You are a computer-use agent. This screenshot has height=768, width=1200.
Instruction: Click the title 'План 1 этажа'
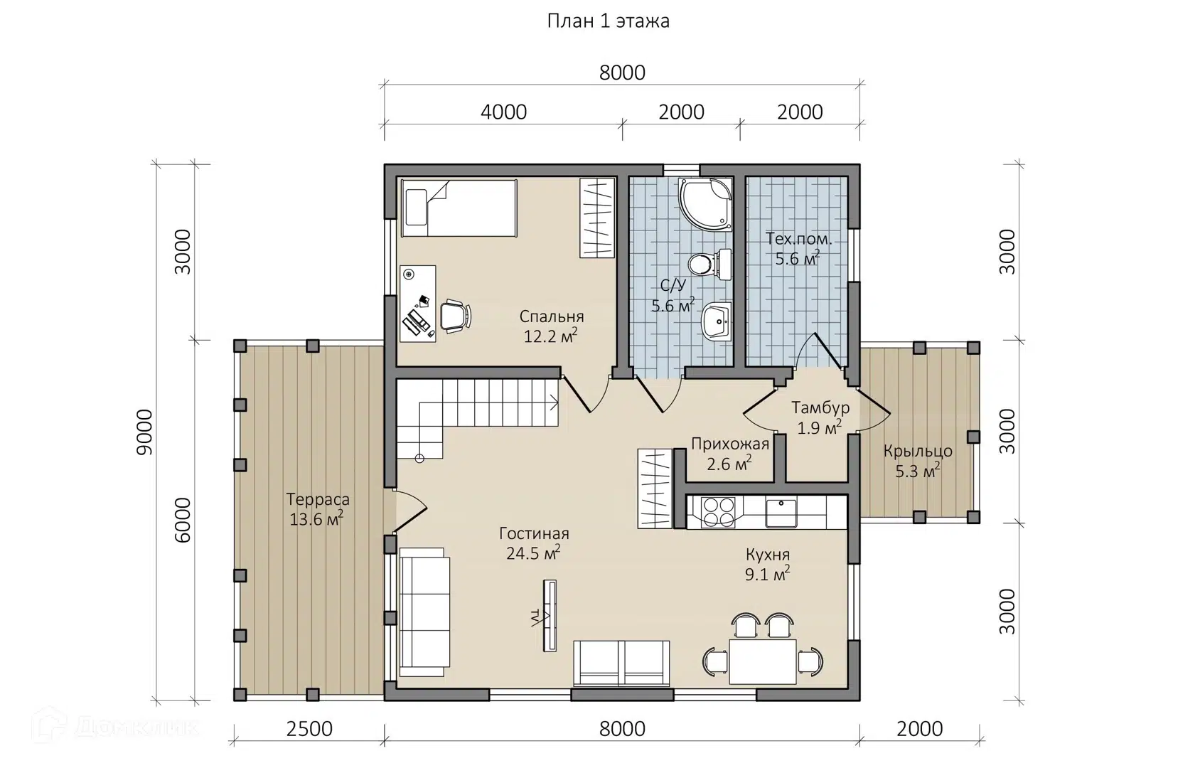coord(608,21)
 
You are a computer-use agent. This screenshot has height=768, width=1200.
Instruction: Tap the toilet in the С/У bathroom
coord(709,265)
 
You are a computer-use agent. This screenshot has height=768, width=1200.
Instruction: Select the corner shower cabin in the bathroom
coord(705,205)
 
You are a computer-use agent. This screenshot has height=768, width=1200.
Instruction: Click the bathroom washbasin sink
coord(716,321)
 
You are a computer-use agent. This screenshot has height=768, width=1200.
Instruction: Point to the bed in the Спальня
coord(459,208)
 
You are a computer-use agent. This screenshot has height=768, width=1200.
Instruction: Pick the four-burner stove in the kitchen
coord(719,513)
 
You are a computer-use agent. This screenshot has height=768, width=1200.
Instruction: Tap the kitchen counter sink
coord(781,513)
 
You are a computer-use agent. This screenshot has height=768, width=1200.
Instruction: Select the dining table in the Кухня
coord(762,661)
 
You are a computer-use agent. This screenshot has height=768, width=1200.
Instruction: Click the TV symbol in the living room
coord(549,616)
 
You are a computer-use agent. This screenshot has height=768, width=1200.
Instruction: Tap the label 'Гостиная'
coord(534,534)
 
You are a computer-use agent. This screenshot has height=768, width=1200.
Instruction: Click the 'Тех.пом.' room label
coord(799,239)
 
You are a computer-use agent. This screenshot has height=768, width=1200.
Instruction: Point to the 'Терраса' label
coord(318,499)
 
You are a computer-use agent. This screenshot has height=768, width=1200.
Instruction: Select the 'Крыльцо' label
coord(918,452)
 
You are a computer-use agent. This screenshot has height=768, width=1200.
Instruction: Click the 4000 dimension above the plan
coord(503,112)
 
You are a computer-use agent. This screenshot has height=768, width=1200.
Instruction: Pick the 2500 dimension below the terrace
coord(309,729)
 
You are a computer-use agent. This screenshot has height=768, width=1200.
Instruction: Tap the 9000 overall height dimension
coord(144,432)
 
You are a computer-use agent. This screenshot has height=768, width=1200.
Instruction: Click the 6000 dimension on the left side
coord(183,521)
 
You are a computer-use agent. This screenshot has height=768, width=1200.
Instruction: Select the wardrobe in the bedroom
coord(597,218)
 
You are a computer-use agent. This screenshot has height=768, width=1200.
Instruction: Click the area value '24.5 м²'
coord(534,553)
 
